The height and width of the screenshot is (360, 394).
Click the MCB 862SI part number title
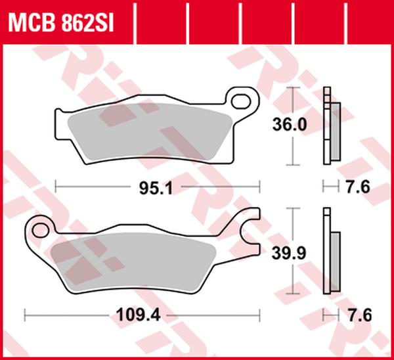pos(61,23)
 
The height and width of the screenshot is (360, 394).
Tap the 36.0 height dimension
pos(290,124)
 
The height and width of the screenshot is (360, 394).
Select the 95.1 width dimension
pos(156,189)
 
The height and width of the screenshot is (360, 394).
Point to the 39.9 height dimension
pos(289,253)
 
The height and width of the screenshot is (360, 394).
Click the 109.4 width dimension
pos(139,315)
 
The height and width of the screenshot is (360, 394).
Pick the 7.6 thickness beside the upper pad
pos(358,187)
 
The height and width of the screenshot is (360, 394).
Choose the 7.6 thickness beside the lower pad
pos(360,315)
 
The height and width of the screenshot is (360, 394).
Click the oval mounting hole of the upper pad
pos(241,102)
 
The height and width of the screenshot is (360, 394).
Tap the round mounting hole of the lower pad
pos(41,230)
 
